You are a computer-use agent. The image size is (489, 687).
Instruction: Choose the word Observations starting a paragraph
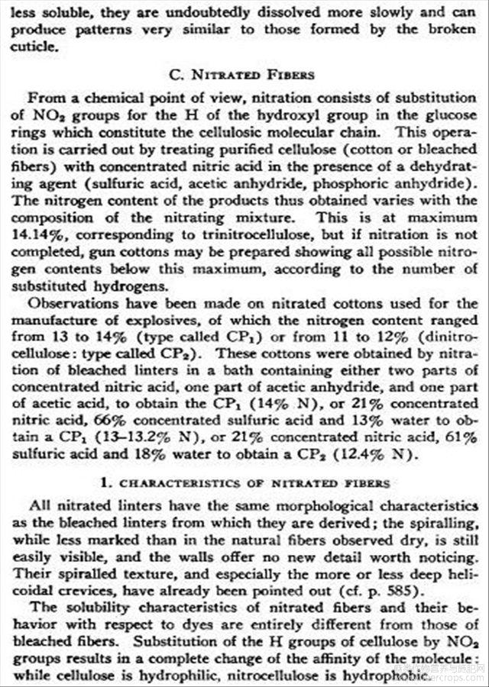tap(72, 303)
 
